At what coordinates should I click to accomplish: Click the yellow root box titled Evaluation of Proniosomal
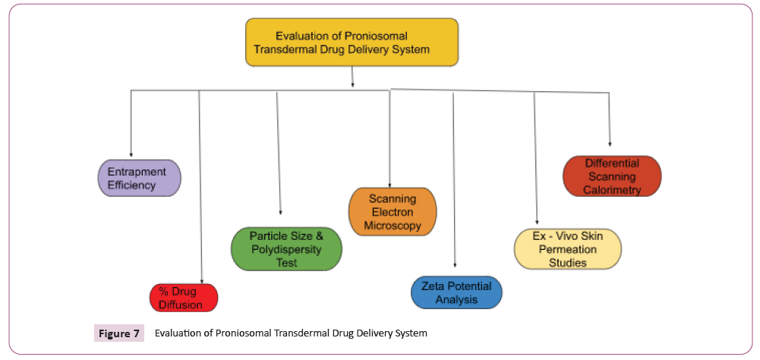tap(352, 42)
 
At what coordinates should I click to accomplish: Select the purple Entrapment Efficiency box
tap(139, 178)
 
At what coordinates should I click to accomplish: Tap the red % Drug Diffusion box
tap(183, 298)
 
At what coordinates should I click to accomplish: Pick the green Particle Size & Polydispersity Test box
tap(286, 249)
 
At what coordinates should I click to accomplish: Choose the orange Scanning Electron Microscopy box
tap(393, 212)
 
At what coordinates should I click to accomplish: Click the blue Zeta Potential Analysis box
tap(456, 292)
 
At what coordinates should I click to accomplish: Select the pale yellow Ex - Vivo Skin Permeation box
tap(567, 249)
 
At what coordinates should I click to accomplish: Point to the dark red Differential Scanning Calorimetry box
tap(612, 177)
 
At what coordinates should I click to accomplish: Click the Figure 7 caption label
tap(119, 333)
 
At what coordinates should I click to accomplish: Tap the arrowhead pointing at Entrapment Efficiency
tap(131, 156)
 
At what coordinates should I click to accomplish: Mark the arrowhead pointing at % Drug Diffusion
tap(201, 280)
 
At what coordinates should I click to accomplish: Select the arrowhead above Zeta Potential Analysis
tap(455, 265)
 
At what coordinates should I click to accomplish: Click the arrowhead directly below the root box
tap(352, 86)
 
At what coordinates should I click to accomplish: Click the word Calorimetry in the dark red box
tap(612, 190)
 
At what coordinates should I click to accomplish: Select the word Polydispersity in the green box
tap(286, 250)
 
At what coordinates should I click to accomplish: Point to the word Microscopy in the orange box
tap(393, 226)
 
